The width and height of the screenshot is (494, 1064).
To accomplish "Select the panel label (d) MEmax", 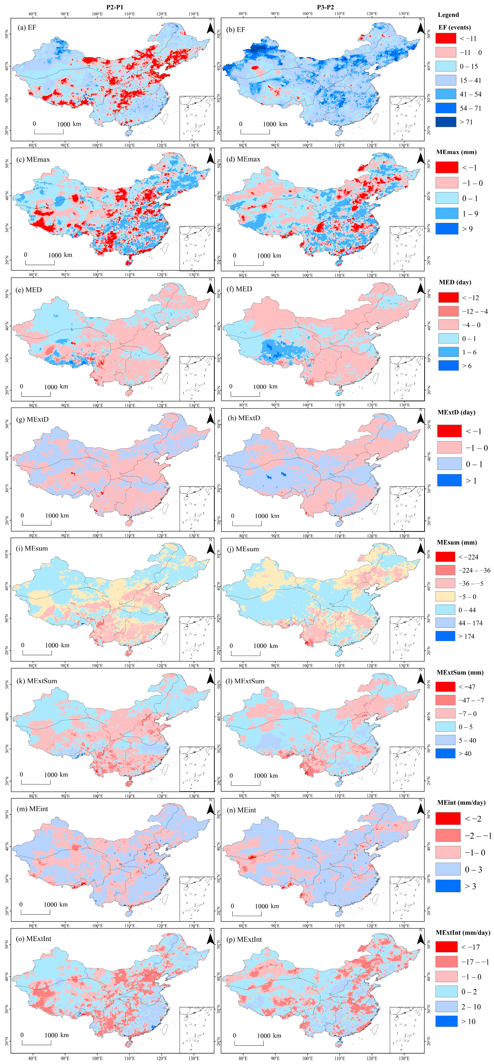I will click(243, 159).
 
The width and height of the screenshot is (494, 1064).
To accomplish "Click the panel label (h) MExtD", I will click(244, 418).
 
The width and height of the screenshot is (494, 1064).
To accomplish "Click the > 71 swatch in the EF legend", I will click(446, 122).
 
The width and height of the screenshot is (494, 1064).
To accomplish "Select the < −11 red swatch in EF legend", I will click(446, 38).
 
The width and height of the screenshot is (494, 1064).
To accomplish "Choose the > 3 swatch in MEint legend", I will click(447, 886).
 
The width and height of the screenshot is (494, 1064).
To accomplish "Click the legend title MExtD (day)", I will click(456, 412).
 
